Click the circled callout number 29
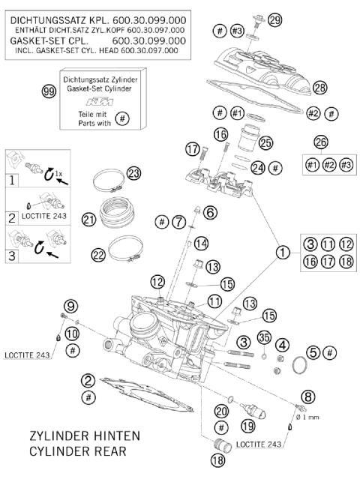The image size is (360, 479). pyautogui.click(x=275, y=19)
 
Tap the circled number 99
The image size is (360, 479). pyautogui.click(x=49, y=90)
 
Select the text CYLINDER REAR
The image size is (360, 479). pyautogui.click(x=79, y=451)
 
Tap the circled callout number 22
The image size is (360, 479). pyautogui.click(x=97, y=255)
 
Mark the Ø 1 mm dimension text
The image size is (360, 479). pyautogui.click(x=314, y=417)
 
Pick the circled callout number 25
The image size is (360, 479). pyautogui.click(x=265, y=142)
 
